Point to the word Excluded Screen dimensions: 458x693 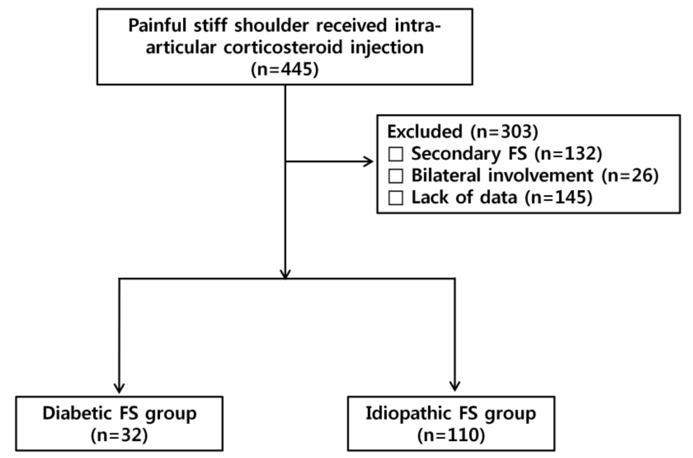coord(425,131)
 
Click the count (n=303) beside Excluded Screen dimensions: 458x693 coord(504,131)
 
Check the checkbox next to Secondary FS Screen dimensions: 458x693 coord(395,154)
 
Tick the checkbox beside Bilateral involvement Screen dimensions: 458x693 coord(395,176)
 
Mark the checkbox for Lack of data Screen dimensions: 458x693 coord(395,198)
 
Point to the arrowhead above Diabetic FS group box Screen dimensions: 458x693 coord(119,389)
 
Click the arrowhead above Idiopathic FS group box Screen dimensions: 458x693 coord(454,387)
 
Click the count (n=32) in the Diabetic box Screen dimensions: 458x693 coord(119,435)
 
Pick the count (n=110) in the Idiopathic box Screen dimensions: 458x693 coord(451,435)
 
